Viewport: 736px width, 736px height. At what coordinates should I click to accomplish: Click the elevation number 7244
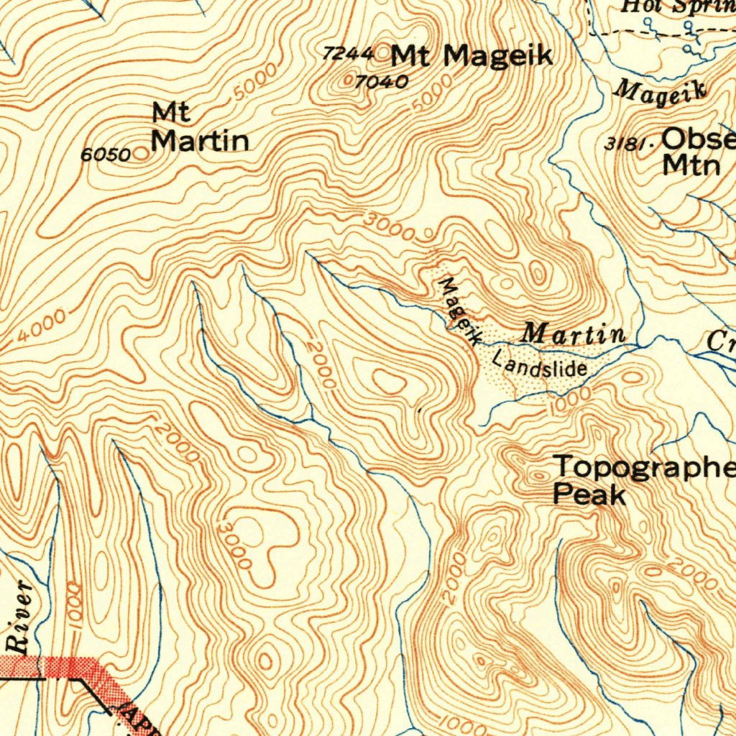tap(348, 53)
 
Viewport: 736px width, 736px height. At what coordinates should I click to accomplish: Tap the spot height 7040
tap(382, 82)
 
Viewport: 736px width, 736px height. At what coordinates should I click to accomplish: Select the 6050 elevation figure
tap(105, 155)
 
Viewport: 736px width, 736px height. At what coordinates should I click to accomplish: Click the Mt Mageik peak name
tap(472, 55)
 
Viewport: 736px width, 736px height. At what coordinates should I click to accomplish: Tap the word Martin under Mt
tap(200, 141)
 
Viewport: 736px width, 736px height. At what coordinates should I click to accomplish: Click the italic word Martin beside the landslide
tap(573, 333)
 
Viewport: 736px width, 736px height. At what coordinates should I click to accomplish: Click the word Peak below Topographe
tap(589, 495)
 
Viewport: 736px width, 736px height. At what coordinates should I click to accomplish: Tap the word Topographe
tap(644, 467)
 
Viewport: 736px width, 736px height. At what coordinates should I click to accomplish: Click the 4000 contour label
tap(42, 326)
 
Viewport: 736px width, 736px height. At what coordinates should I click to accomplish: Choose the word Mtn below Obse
tap(691, 165)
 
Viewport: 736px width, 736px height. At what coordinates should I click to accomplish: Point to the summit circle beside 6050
tap(141, 153)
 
